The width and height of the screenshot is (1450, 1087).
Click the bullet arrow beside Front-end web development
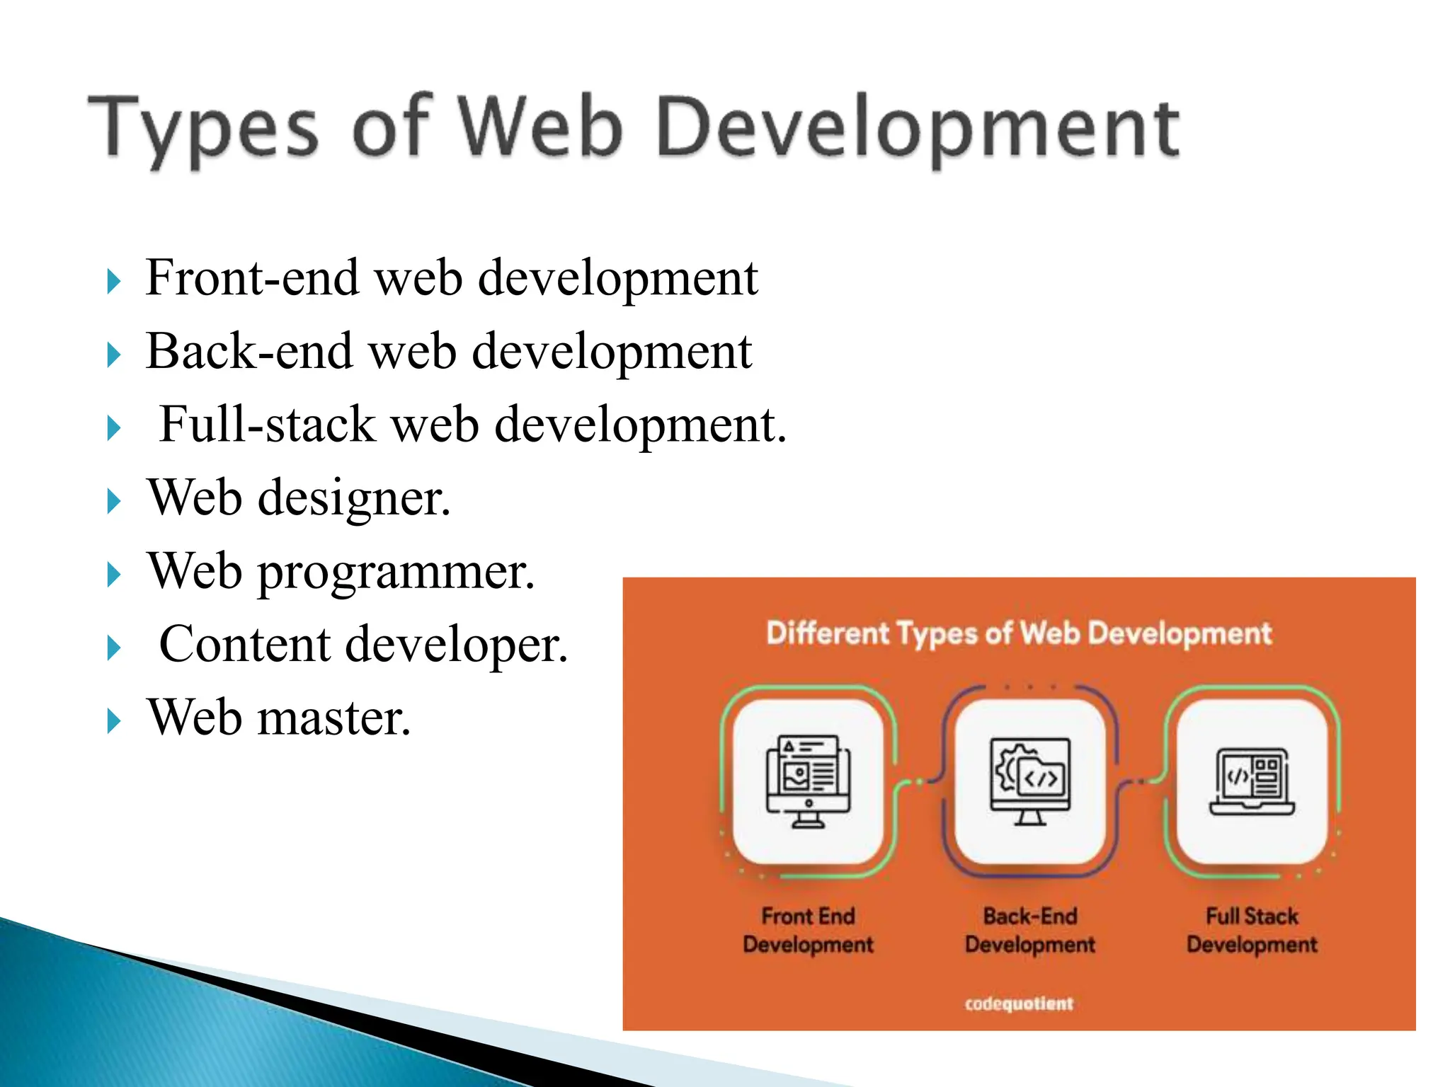coord(113,282)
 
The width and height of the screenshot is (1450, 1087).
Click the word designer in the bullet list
coord(353,498)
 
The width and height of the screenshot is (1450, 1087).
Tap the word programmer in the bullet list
coord(396,572)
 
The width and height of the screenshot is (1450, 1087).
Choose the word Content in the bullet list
coord(245,645)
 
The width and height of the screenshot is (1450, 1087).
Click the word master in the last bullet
coord(333,718)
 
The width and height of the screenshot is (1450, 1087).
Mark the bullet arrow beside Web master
coord(113,723)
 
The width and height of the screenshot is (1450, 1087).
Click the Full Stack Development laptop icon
coord(1252,782)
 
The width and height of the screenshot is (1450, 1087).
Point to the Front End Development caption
coord(808,930)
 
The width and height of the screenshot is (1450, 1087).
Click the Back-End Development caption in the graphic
coord(1030,930)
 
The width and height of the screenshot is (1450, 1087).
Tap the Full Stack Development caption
coord(1252,930)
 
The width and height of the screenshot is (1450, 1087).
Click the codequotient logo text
coord(1019,1003)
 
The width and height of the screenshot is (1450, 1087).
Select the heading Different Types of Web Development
coord(1019,633)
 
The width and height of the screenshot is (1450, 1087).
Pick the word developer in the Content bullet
coord(456,645)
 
